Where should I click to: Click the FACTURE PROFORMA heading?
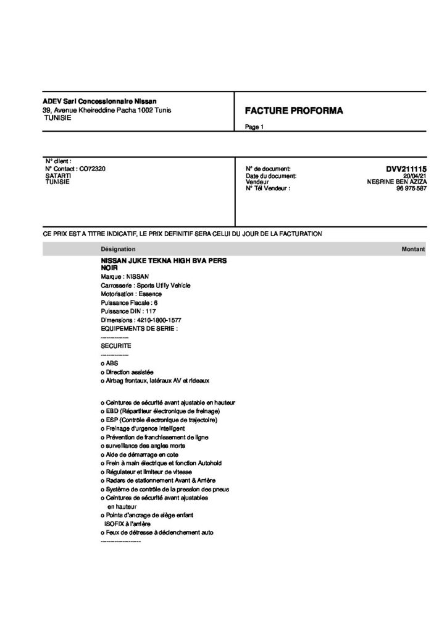pos(294,111)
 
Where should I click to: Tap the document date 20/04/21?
pos(416,176)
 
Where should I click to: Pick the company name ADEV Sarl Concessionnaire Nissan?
pos(99,101)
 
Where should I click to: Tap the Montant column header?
pos(413,249)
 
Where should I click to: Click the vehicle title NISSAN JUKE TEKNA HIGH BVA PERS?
pos(164,261)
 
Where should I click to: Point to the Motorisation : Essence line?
pos(131,294)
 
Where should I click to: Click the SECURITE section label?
pos(115,346)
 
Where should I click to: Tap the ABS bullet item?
pos(104,363)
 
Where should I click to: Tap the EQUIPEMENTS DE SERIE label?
pos(138,329)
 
